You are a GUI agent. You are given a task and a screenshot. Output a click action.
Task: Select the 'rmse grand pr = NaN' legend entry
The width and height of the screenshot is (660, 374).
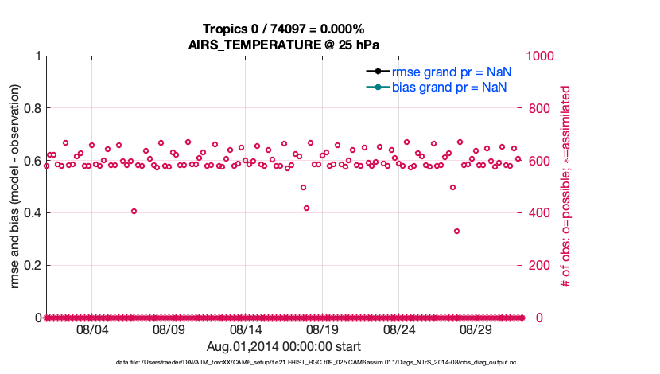tap(451, 71)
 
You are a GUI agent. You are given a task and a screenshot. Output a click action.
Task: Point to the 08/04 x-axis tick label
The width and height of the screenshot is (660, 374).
tap(91, 329)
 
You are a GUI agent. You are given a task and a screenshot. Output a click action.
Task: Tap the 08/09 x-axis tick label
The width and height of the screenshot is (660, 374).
tap(169, 329)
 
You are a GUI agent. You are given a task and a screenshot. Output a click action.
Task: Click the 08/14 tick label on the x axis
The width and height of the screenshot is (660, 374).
tap(246, 329)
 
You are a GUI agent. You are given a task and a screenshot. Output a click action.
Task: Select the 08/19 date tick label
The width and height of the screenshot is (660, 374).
tap(322, 329)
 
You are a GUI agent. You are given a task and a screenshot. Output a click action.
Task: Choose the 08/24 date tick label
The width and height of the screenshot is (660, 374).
tap(399, 329)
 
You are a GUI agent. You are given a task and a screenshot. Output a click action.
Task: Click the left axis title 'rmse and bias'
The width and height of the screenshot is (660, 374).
tap(15, 186)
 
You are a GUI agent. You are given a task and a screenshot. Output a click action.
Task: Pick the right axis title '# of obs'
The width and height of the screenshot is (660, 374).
tap(565, 186)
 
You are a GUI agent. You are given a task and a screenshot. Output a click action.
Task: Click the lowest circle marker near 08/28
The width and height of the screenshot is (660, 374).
tap(457, 231)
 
